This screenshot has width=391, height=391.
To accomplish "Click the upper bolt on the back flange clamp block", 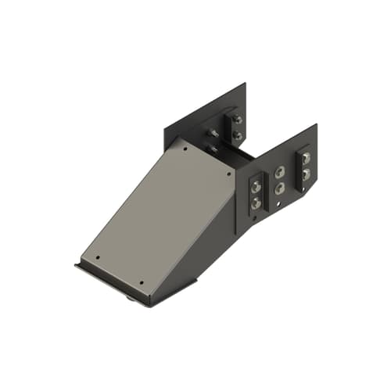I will (x=237, y=120).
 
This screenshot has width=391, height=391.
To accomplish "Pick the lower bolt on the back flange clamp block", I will (x=236, y=135).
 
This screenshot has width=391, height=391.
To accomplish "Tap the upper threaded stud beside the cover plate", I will (x=213, y=134).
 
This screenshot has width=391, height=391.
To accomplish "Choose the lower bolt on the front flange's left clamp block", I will (x=256, y=202).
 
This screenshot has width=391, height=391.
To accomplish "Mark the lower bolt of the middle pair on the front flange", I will (x=279, y=188).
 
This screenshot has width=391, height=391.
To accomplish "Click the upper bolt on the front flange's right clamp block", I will (x=306, y=160).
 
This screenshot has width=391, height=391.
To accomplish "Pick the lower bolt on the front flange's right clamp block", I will (x=305, y=174).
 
